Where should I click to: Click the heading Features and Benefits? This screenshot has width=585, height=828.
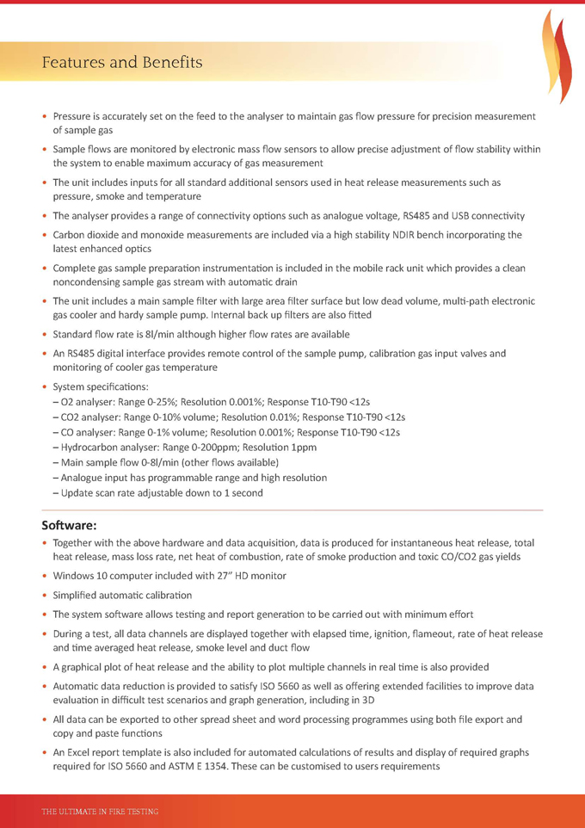pos(122,62)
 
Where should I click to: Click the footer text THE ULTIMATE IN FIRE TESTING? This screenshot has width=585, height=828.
pos(100,811)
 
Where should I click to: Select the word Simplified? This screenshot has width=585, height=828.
pos(79,595)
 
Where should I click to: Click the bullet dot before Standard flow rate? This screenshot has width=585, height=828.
pos(45,334)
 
